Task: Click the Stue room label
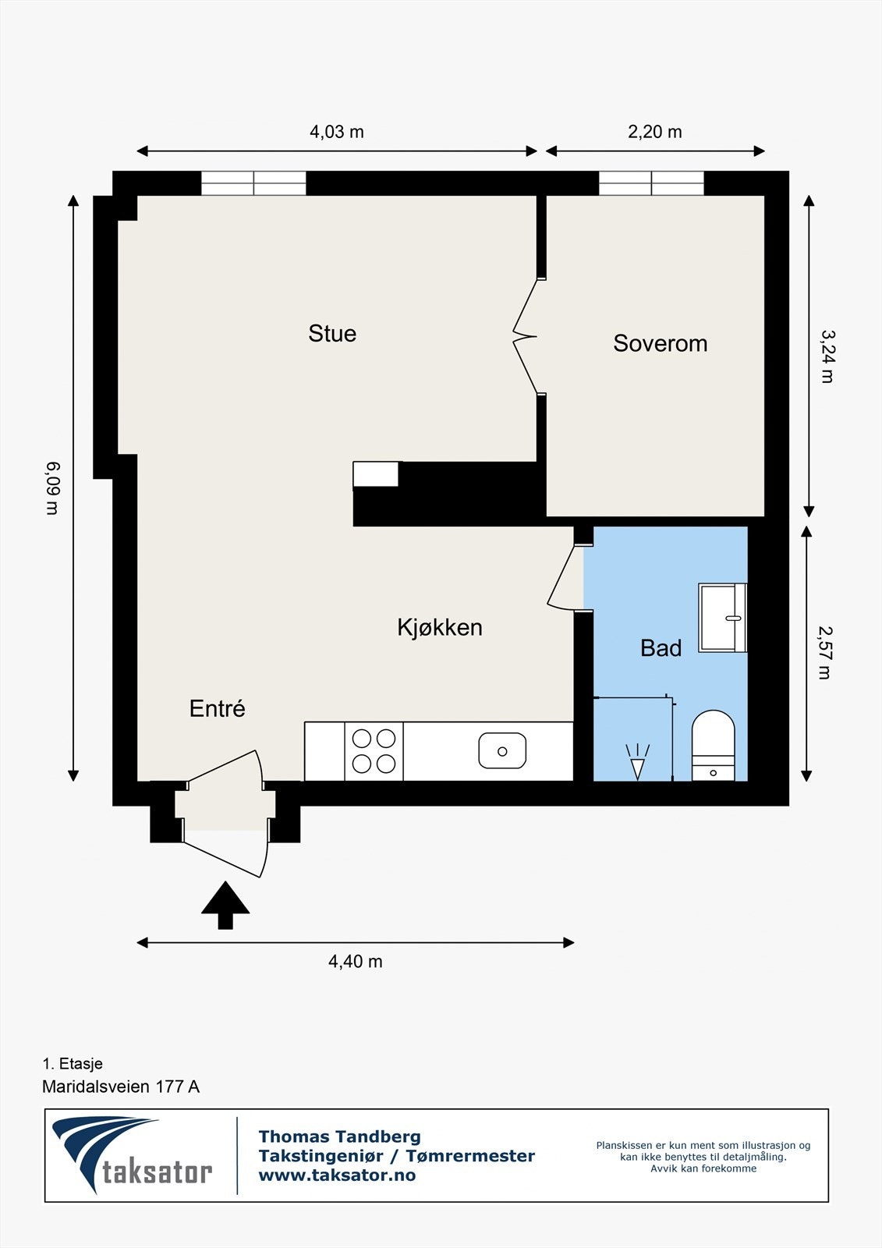(332, 334)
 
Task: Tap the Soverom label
(660, 343)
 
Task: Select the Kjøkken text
(439, 627)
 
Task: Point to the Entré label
(217, 708)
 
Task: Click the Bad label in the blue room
(661, 648)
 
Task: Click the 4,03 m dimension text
(337, 132)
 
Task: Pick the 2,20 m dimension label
(655, 132)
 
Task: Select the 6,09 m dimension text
(52, 488)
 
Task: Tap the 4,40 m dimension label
(356, 962)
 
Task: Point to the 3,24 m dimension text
(827, 356)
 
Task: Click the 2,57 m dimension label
(825, 653)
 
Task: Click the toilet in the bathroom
(714, 746)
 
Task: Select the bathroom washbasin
(723, 617)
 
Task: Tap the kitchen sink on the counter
(502, 751)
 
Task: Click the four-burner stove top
(374, 751)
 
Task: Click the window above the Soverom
(651, 183)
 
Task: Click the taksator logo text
(156, 1172)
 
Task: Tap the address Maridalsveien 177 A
(121, 1087)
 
